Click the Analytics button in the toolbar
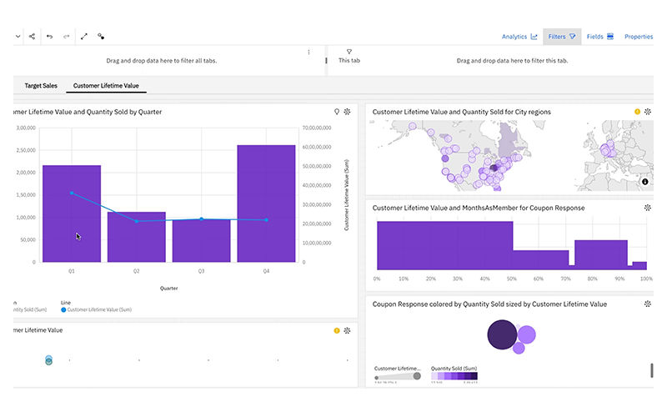[519, 37]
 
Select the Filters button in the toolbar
[561, 37]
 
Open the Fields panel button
[599, 37]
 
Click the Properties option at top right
[639, 37]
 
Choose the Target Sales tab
[41, 85]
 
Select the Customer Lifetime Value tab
[106, 85]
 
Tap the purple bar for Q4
[266, 203]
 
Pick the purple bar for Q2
[137, 237]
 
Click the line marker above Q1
[72, 193]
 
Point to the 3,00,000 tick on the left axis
[23, 128]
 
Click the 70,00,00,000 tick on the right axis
[318, 128]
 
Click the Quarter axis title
[169, 289]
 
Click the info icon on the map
[644, 182]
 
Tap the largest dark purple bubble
[502, 335]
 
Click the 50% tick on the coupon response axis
[512, 279]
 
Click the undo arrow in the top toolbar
[49, 37]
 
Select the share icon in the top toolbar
[32, 37]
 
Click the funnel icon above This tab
[349, 52]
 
